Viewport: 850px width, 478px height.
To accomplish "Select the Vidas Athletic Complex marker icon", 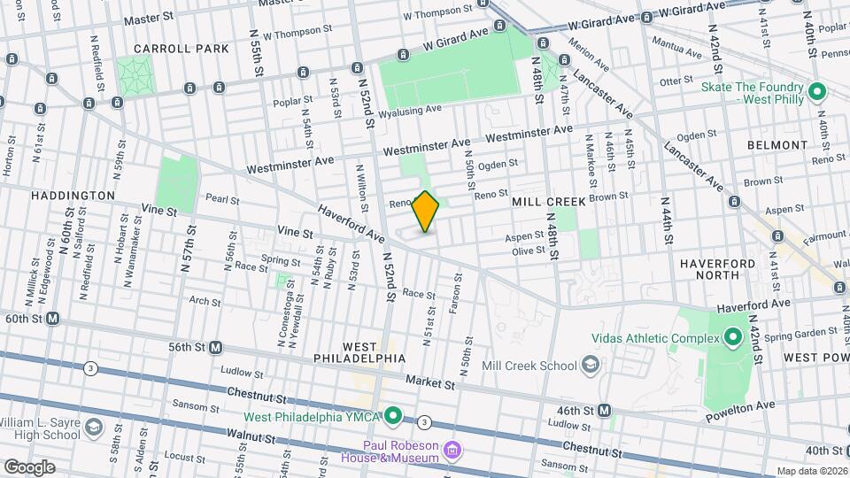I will point(732,336).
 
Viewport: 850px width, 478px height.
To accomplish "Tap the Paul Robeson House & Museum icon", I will point(452,451).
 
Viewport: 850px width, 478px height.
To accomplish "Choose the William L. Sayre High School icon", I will point(94,429).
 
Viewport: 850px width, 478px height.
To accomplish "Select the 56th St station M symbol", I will point(215,348).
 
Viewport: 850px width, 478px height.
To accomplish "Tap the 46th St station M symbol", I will point(604,410).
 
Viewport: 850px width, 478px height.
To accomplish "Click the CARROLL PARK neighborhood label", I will point(169,48).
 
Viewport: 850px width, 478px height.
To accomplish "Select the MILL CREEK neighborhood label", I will point(549,202).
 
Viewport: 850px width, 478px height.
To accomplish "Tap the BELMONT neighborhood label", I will point(777,144).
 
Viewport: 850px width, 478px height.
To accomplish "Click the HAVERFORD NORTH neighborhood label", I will point(717,269).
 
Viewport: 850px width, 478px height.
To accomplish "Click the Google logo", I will point(29,466).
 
